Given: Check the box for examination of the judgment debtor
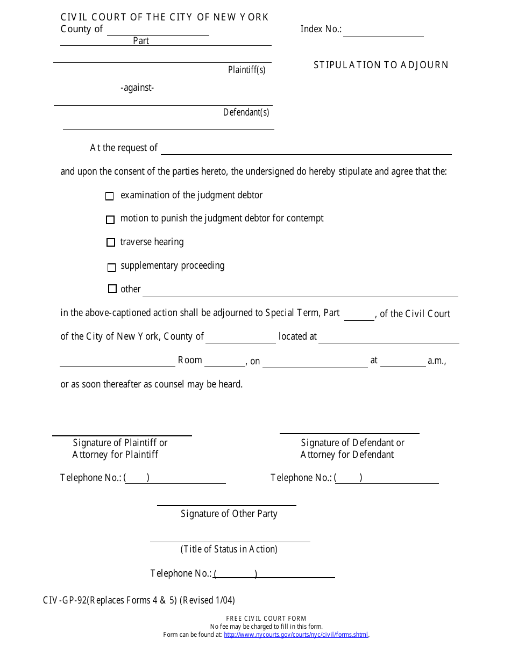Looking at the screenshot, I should (x=110, y=196).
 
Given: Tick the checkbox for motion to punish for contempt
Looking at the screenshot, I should (x=110, y=219).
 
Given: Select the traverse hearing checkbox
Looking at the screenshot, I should (x=111, y=242).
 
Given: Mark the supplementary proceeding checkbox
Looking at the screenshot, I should (x=111, y=267).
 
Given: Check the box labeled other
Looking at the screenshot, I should (x=112, y=289).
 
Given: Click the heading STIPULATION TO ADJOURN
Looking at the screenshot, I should (x=381, y=65).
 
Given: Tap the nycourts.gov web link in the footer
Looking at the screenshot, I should (x=296, y=635).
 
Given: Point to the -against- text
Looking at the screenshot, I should (x=137, y=88).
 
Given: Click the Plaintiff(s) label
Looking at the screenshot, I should (x=246, y=70).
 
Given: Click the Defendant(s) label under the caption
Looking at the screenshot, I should (x=246, y=112).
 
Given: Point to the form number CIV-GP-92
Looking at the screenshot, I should (x=65, y=600).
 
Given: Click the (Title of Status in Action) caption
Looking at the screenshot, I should (x=229, y=549).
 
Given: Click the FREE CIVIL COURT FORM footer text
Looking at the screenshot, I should (x=266, y=619).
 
